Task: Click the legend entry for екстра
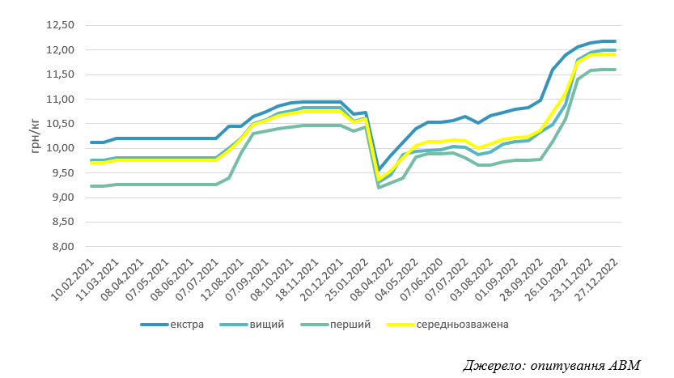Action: pyautogui.click(x=172, y=325)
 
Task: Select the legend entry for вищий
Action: pyautogui.click(x=252, y=325)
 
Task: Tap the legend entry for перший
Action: pyautogui.click(x=336, y=325)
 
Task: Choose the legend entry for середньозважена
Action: pyautogui.click(x=447, y=325)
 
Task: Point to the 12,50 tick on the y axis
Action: pyautogui.click(x=60, y=25)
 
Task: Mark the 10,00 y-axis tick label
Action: pyautogui.click(x=60, y=148)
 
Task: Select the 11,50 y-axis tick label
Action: pyautogui.click(x=60, y=74)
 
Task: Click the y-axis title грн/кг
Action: pyautogui.click(x=36, y=136)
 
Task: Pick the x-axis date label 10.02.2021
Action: pyautogui.click(x=72, y=279)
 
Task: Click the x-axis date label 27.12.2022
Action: pyautogui.click(x=596, y=279)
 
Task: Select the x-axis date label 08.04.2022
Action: pyautogui.click(x=371, y=279)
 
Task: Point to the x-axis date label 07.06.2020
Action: pyautogui.click(x=422, y=279)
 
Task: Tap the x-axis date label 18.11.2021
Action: pyautogui.click(x=297, y=279)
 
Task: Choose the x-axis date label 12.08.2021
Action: pyautogui.click(x=222, y=279)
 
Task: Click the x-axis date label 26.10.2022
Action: pyautogui.click(x=546, y=279)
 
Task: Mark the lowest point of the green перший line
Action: pyautogui.click(x=379, y=188)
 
